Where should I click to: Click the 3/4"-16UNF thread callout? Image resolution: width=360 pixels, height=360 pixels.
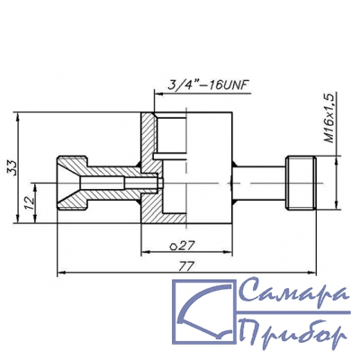207,85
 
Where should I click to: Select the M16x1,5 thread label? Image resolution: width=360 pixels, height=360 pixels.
329,118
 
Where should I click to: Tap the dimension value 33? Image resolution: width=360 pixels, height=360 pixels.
12,167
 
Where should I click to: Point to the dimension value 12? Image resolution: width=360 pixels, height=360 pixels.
29,203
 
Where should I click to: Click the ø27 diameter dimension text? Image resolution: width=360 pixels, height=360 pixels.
184,246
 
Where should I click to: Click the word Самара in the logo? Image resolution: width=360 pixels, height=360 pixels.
294,290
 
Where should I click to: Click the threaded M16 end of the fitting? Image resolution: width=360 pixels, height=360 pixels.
301,183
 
